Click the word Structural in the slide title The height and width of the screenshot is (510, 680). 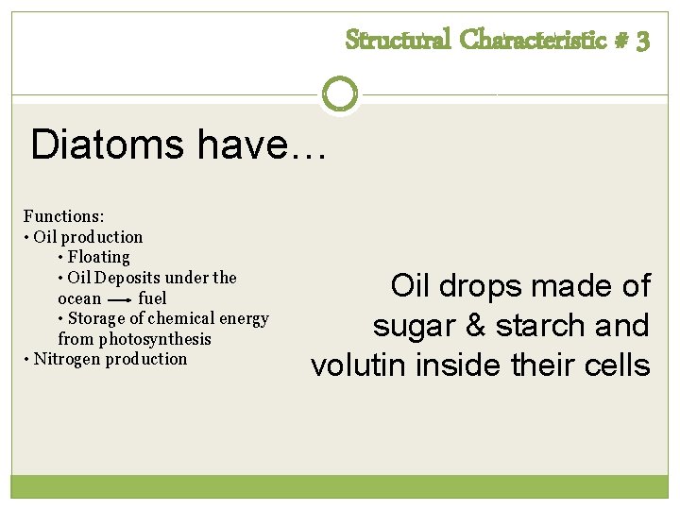(398, 41)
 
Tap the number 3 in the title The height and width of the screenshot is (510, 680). (642, 42)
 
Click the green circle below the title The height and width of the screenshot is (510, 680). (340, 94)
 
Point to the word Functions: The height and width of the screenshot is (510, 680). (64, 216)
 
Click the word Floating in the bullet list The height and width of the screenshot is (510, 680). (99, 257)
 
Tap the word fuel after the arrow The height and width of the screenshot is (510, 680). (152, 298)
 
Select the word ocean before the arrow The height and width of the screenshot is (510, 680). (79, 298)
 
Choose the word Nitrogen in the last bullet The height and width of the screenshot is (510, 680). (67, 359)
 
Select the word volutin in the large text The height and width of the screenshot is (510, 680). (360, 365)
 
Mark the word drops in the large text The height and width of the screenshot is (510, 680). (488, 286)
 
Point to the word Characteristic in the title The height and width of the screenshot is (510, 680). (535, 41)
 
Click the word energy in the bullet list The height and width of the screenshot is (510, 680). (243, 318)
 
